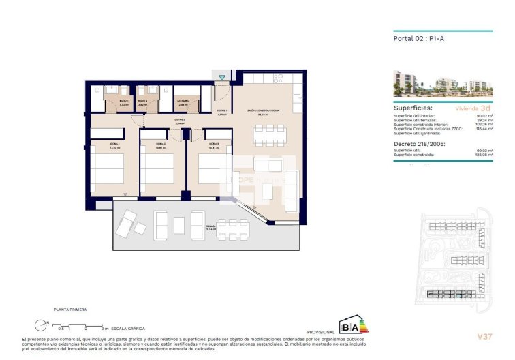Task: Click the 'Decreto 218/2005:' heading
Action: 418,145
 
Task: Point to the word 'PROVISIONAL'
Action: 322,332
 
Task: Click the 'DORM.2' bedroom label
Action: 160,144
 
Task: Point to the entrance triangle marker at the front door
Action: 222,77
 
